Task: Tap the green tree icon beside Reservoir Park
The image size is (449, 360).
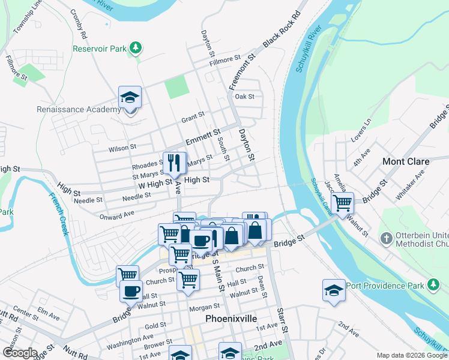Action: [x=136, y=47]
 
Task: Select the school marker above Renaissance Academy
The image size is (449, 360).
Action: [x=129, y=97]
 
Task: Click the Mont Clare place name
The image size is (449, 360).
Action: [x=406, y=161]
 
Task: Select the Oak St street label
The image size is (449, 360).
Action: [x=245, y=96]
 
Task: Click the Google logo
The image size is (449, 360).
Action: [x=20, y=353]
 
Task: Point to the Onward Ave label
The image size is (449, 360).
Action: [x=117, y=216]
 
